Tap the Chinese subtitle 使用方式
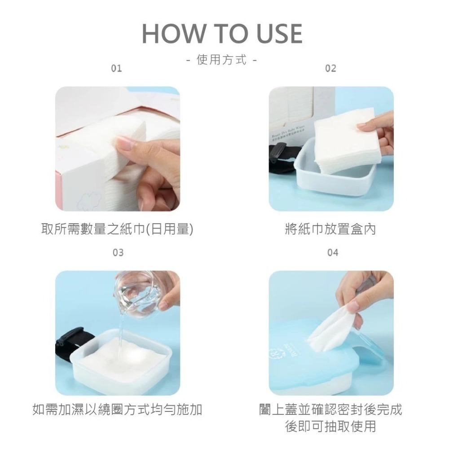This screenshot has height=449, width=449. pyautogui.click(x=222, y=60)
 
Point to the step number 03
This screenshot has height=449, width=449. pyautogui.click(x=117, y=253)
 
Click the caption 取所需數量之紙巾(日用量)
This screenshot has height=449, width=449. pyautogui.click(x=117, y=229)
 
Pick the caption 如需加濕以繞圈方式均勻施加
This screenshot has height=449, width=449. pyautogui.click(x=117, y=409)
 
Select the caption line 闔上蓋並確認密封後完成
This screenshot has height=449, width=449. pyautogui.click(x=331, y=409)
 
